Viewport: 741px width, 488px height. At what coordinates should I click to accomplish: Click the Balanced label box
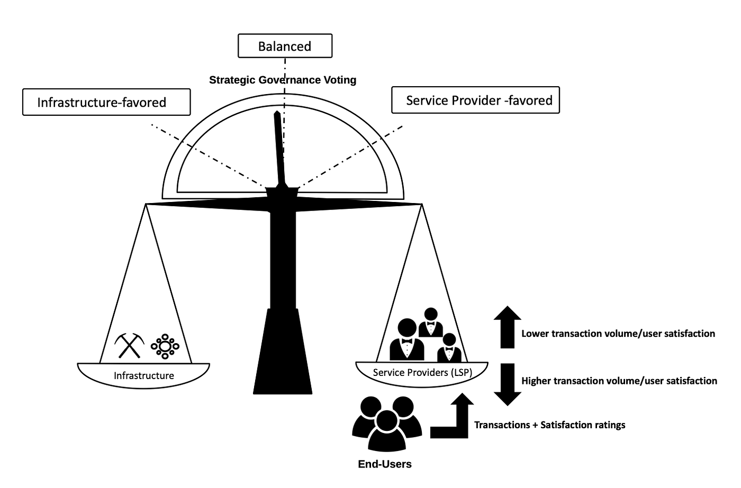click(x=285, y=46)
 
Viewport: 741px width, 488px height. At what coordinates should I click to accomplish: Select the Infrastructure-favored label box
click(x=106, y=102)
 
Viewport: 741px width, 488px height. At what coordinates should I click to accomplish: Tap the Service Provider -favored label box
click(x=475, y=100)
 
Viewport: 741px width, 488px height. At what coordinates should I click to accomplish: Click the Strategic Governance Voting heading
click(x=283, y=80)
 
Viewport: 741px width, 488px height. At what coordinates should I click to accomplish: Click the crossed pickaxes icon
click(x=130, y=345)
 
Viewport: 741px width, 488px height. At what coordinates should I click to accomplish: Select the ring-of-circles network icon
click(x=165, y=347)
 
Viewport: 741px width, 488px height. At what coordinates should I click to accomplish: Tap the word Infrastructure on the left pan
click(x=143, y=376)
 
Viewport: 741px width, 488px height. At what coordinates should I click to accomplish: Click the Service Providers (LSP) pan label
click(x=422, y=372)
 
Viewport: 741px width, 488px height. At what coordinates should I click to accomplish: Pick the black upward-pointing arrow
click(x=507, y=327)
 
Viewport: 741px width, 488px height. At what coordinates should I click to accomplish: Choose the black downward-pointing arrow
click(x=507, y=384)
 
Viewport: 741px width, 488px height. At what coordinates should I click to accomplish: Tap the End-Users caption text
click(x=385, y=464)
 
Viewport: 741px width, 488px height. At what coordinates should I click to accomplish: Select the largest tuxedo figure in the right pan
click(x=406, y=341)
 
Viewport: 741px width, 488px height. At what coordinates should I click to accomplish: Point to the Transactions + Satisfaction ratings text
click(x=549, y=425)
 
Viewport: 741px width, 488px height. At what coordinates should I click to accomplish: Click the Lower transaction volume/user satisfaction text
click(x=618, y=334)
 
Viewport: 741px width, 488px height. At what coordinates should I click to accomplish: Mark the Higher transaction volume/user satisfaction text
click(x=619, y=381)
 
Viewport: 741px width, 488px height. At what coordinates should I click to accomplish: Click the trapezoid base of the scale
click(x=283, y=354)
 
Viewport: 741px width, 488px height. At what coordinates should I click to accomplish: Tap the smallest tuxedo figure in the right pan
click(x=449, y=349)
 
